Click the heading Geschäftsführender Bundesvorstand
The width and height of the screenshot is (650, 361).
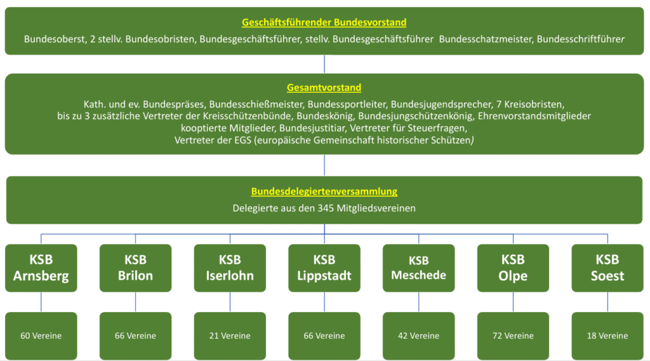pos(324,22)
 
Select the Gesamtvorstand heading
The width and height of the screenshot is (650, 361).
pos(324,88)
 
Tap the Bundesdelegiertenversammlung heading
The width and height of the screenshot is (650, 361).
pos(324,191)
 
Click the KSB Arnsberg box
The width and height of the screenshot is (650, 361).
pos(41,268)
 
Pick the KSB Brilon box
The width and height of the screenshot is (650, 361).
pos(136,268)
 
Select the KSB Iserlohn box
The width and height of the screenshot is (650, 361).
pos(230,268)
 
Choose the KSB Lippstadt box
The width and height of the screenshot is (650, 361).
pos(324,268)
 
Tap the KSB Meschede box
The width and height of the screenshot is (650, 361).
pos(419,268)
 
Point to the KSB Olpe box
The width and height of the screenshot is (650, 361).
pos(513,268)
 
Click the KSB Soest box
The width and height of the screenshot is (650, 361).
pos(607,268)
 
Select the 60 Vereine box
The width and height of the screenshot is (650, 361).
pos(41,336)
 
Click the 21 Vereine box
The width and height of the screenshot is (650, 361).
pos(230,336)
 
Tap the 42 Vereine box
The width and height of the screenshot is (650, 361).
pos(419,336)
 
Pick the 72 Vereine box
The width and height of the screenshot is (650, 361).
pos(513,336)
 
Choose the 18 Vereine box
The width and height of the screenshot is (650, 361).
pos(607,336)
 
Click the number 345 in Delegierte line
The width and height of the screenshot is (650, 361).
pos(326,208)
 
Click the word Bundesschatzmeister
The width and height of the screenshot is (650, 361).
pos(486,39)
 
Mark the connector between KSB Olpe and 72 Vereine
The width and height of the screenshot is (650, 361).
pos(513,302)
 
